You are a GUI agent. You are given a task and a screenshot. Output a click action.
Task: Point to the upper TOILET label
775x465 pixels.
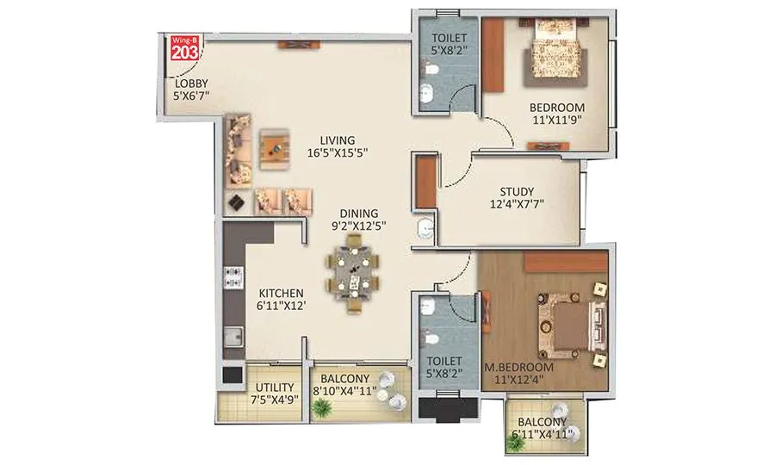click(448, 38)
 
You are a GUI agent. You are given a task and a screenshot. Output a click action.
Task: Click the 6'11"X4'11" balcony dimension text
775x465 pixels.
click(542, 435)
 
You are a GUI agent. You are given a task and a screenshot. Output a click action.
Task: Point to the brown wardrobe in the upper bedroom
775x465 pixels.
click(493, 56)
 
